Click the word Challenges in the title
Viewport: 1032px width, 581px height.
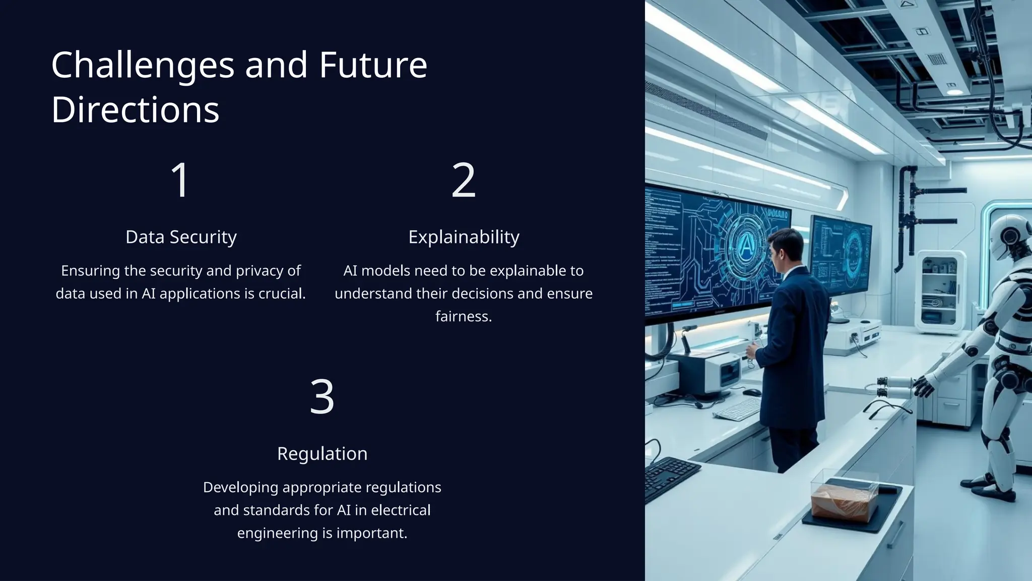tap(143, 66)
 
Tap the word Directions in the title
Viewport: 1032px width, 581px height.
tap(135, 110)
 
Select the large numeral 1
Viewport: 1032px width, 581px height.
tap(180, 180)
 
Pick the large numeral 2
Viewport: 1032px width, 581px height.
tap(463, 180)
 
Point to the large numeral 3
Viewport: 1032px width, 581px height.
tap(322, 397)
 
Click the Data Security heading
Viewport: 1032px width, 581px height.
tap(181, 237)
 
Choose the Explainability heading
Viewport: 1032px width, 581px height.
tap(464, 237)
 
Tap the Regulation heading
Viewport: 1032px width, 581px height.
tap(322, 453)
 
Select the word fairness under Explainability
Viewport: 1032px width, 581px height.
tap(464, 316)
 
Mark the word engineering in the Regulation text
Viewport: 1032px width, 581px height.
tap(278, 533)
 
